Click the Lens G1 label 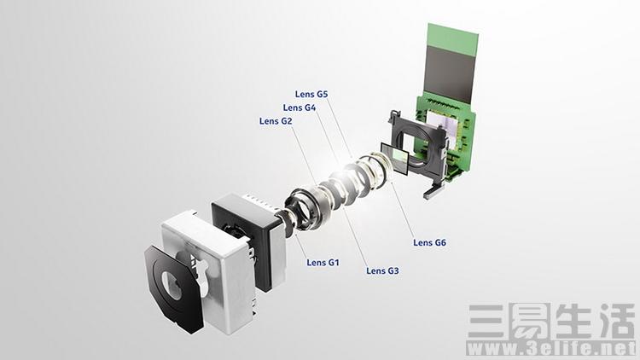click(323, 263)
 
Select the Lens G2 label click(276, 121)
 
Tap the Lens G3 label click(382, 270)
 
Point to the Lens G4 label click(300, 107)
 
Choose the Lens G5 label click(311, 94)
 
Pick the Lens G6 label click(429, 242)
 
